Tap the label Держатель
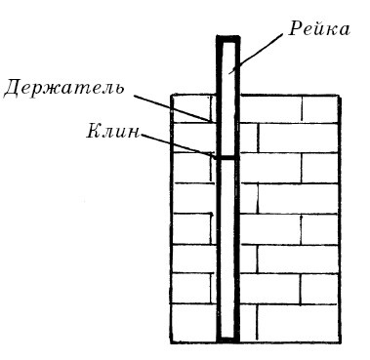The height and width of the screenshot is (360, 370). (63, 89)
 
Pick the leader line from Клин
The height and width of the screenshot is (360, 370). (176, 144)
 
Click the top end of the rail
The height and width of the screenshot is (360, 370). (226, 40)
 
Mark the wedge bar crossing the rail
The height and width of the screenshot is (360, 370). (226, 157)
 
